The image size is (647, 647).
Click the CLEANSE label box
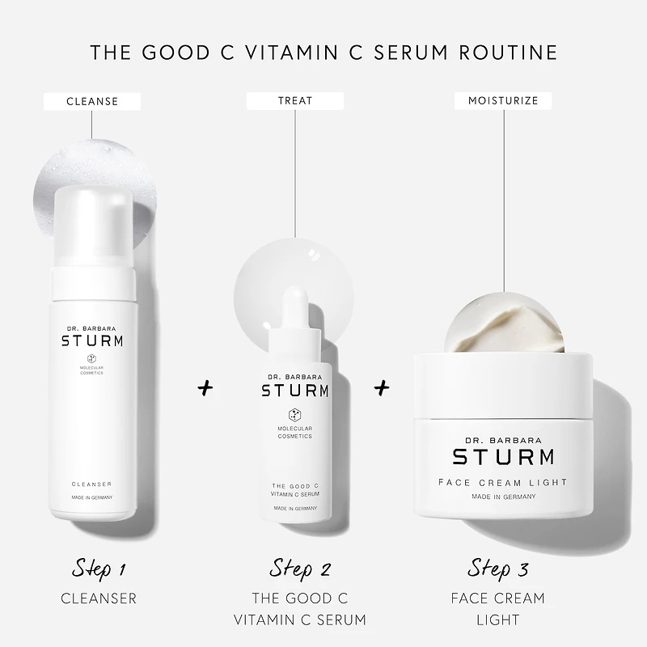92,101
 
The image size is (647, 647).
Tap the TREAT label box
294,101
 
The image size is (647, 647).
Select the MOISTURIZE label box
503,101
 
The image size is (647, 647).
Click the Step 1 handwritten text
99,568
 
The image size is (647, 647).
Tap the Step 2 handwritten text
300,568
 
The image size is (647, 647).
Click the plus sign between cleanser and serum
205,388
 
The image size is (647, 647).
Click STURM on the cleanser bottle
92,340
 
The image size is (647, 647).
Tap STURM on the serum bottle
294,391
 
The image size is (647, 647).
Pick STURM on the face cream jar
502,457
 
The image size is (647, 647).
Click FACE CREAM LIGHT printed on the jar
502,482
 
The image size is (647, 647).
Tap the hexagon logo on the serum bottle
294,413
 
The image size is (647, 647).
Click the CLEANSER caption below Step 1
99,598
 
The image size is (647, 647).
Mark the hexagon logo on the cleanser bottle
92,359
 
